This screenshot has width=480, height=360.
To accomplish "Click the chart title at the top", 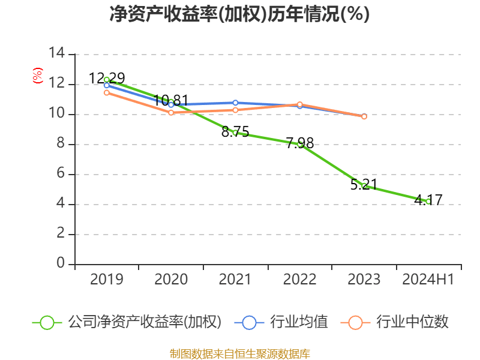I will tap(239, 14).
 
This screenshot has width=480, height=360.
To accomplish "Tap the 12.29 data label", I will tap(107, 78).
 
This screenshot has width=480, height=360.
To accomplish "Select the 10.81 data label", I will tap(171, 100).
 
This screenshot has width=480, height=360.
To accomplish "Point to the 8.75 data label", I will tap(235, 132).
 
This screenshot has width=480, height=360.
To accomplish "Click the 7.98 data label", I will tap(299, 143).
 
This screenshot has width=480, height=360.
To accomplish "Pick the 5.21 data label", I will tap(364, 184).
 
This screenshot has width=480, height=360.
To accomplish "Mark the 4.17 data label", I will tap(428, 200).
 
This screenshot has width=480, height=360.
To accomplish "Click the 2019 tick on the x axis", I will tap(107, 279).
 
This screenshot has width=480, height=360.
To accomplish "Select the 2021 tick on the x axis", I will tap(235, 279).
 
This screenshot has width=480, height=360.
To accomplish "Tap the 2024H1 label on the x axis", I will tap(428, 279).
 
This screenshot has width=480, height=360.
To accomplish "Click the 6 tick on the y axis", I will tap(61, 174).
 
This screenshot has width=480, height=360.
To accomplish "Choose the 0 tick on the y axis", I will tap(61, 264).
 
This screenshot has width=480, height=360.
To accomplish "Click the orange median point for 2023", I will tap(364, 116).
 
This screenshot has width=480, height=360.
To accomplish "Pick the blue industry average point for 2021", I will tap(235, 103).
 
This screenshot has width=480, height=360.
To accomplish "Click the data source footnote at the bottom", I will tap(239, 353).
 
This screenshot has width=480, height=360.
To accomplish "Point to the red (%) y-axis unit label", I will tap(38, 76).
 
